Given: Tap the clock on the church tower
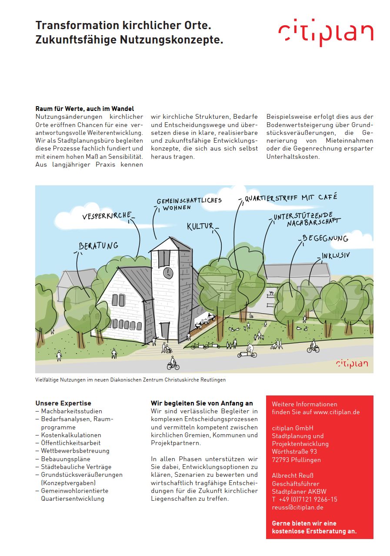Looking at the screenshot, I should pos(169,273).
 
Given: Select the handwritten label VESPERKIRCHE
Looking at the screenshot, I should pos(107,216).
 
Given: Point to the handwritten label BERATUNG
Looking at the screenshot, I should pos(98,246).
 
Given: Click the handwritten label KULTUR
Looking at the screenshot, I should pos(200,226).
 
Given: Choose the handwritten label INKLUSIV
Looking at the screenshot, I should pos(336,255).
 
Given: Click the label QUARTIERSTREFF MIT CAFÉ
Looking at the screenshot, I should pos(290,198).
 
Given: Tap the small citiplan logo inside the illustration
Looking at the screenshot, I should pos(352,363).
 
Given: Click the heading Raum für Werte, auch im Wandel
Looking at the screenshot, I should pos(85,109).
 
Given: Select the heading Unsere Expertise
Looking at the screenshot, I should pos(63,403).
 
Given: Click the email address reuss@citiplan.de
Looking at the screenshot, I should pos(297,507).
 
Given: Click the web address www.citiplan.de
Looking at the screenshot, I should pos(337,412).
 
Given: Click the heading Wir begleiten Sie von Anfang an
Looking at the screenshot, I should pos(201,403).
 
